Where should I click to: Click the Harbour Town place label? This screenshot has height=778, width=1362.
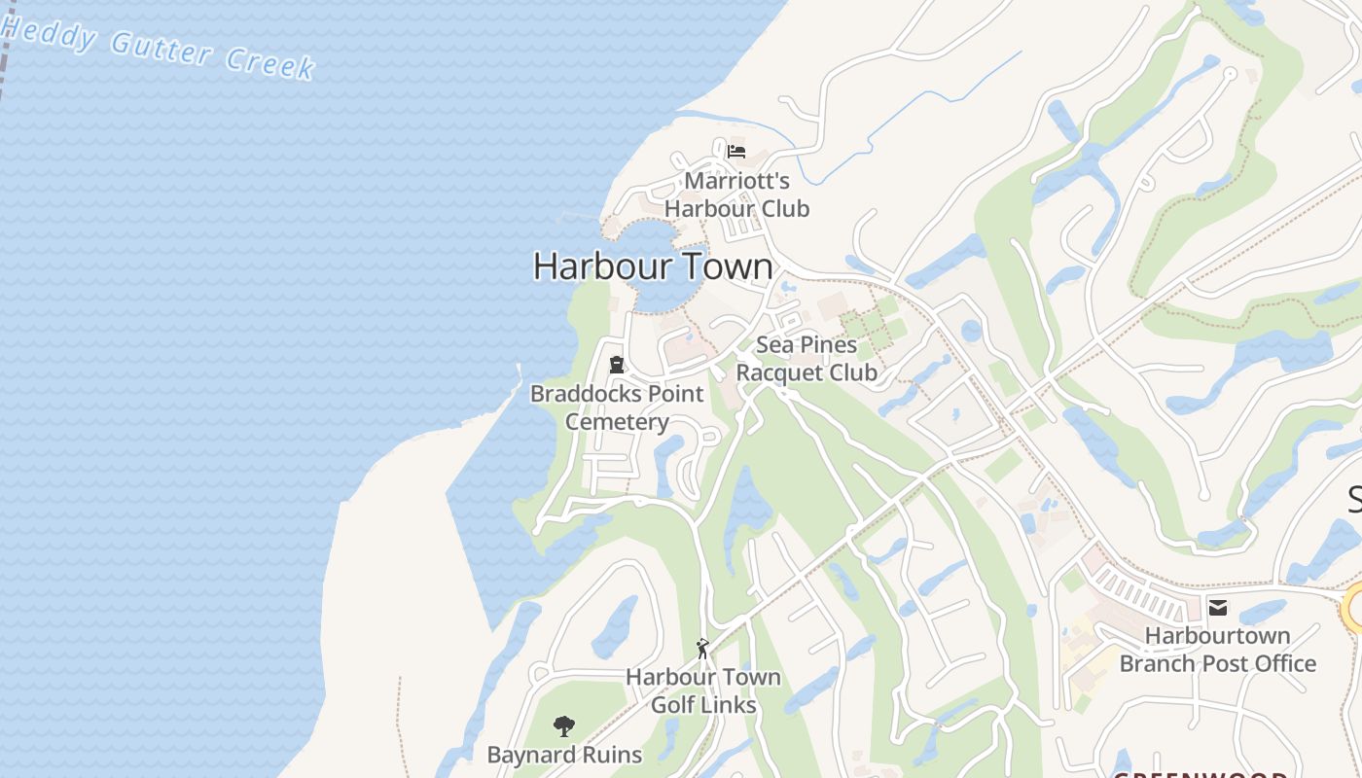[653, 266]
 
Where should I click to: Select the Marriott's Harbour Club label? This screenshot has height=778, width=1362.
[736, 194]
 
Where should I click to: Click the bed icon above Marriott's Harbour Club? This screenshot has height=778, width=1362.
[736, 152]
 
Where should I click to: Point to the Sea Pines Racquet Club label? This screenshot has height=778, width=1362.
[806, 359]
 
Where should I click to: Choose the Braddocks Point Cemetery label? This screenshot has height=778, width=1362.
[617, 407]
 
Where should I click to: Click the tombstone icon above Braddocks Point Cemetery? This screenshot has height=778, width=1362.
[616, 366]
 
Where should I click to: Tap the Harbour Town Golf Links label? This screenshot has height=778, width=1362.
[702, 690]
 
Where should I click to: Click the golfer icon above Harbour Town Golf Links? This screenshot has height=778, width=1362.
[702, 648]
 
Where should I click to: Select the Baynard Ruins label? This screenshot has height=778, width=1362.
[564, 755]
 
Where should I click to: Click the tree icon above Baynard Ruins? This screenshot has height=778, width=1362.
[563, 725]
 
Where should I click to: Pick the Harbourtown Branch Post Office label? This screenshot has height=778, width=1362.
[1217, 650]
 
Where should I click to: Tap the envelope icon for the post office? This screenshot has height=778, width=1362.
[1217, 608]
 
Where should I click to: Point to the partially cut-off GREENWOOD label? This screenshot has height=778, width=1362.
[1201, 773]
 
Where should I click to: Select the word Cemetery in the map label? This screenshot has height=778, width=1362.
[617, 422]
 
